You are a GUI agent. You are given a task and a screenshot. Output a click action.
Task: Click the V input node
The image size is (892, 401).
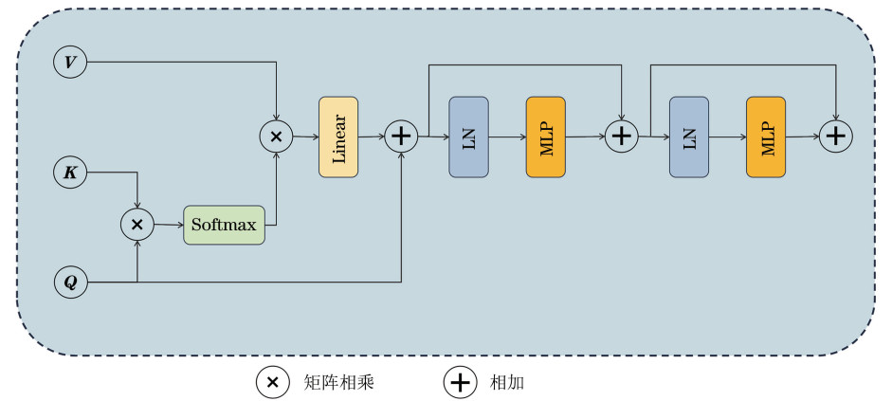(x=70, y=64)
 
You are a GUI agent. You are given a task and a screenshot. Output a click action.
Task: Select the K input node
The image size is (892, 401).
(x=70, y=173)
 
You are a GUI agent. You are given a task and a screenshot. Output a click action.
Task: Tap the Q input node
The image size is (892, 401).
(x=70, y=282)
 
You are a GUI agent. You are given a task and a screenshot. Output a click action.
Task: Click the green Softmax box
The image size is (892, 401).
(x=224, y=225)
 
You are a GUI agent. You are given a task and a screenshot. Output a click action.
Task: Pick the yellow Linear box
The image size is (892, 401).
(x=338, y=137)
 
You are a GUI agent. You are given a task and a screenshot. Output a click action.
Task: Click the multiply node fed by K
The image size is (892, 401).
(x=137, y=225)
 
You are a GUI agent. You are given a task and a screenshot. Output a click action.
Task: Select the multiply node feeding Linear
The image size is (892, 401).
(x=276, y=137)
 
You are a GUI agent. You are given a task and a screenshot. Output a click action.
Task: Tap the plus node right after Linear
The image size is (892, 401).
(x=402, y=137)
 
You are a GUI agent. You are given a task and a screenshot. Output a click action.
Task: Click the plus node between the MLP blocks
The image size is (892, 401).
(x=622, y=137)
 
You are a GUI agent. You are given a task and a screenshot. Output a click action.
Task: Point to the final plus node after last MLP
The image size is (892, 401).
(x=835, y=137)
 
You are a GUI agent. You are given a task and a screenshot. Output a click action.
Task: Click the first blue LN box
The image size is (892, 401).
(x=468, y=137)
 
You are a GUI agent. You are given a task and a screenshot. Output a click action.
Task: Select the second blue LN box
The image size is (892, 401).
(x=689, y=137)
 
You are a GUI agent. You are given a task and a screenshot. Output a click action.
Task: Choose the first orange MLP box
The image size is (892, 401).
(x=546, y=137)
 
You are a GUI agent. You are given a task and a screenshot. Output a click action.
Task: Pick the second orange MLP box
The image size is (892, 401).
(x=766, y=137)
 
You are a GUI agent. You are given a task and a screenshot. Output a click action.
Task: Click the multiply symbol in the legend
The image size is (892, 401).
(x=272, y=382)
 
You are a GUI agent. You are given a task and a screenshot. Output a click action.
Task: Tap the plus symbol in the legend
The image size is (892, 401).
(x=461, y=382)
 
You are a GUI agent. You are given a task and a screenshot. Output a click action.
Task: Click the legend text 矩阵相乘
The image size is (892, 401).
(x=339, y=382)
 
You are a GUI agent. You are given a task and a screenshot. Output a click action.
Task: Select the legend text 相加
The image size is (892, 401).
(x=507, y=382)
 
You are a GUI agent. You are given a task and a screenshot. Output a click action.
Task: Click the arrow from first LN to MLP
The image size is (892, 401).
(x=507, y=137)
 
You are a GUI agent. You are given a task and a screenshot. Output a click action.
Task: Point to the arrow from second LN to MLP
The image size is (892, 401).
(x=727, y=137)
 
